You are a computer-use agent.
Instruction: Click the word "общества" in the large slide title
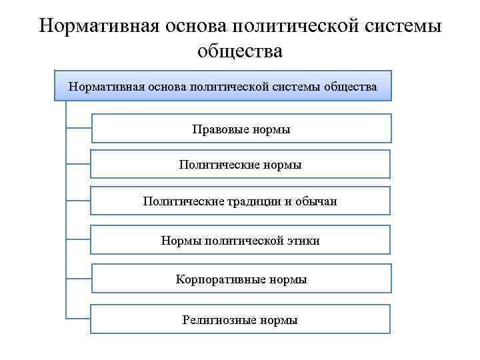[x=240, y=51]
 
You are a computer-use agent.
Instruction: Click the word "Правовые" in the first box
[x=220, y=129]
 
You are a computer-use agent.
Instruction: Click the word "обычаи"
[x=317, y=201]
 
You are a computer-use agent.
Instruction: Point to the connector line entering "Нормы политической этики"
[x=78, y=239]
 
